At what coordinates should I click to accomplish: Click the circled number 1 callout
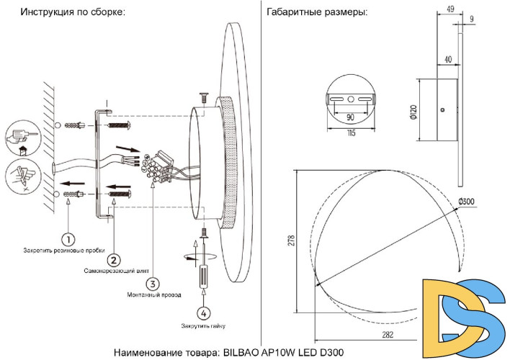pos(68,238)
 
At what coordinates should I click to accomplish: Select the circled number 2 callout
pos(113,258)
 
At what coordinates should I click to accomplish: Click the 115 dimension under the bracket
pos(349,132)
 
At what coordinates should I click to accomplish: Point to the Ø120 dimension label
pos(413,109)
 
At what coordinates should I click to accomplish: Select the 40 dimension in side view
pos(447,60)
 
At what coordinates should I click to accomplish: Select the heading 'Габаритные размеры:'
pos(316,12)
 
